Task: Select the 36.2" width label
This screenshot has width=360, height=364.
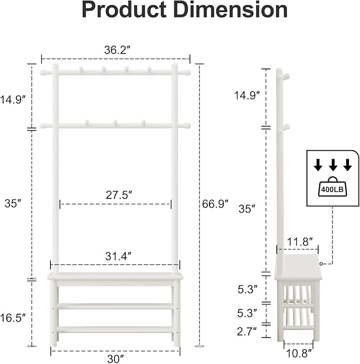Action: tap(116, 50)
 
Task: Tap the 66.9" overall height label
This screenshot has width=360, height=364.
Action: tap(215, 203)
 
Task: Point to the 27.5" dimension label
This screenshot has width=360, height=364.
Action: tap(116, 195)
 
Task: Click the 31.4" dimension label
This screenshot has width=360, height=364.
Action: tap(116, 256)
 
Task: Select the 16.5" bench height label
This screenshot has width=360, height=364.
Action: tap(13, 318)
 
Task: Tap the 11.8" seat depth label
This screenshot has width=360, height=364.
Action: tap(297, 241)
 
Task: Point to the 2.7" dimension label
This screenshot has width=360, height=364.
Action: tap(247, 332)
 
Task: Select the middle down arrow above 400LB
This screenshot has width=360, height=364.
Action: tap(332, 166)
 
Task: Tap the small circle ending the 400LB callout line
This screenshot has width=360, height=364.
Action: tap(321, 263)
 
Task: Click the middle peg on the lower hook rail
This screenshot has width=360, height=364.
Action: tap(115, 123)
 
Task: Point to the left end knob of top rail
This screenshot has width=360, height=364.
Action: tap(43, 72)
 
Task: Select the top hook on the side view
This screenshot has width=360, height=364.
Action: tap(286, 77)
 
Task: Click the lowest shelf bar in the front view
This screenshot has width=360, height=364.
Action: tap(115, 330)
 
